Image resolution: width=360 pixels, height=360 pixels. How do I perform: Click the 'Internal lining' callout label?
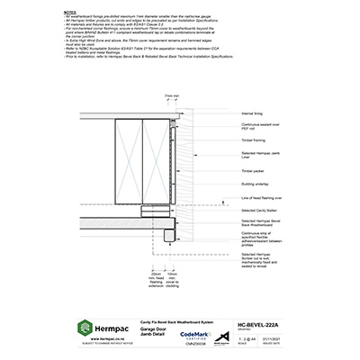pyautogui.click(x=253, y=114)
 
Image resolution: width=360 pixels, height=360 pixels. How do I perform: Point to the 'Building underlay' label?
pyautogui.click(x=255, y=184)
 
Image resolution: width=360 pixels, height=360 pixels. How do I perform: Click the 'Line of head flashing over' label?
pyautogui.click(x=262, y=197)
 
